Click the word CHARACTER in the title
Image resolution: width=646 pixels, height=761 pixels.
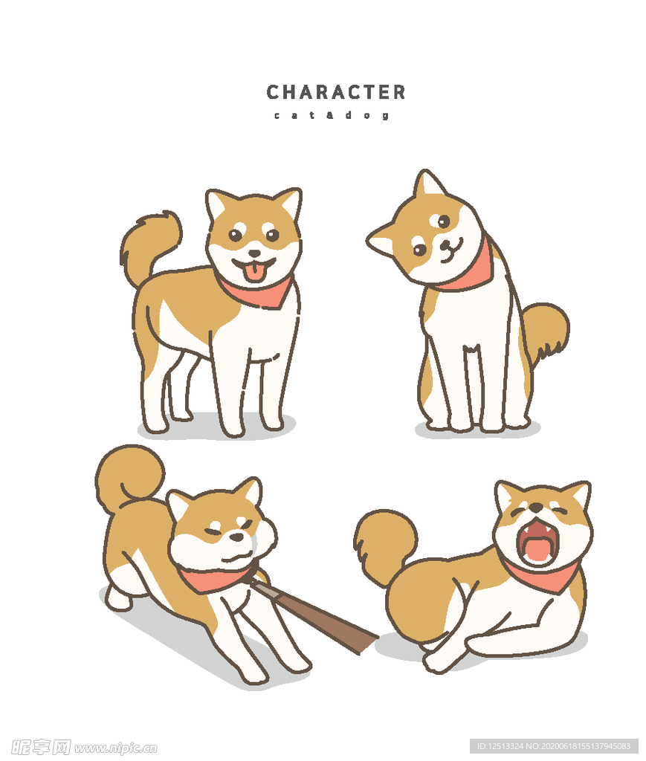coord(336,92)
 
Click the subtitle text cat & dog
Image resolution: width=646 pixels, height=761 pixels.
coord(331,115)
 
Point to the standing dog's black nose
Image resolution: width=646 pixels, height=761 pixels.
coord(253,253)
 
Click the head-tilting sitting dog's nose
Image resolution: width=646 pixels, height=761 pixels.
coord(444,245)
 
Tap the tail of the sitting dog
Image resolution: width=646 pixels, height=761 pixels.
coord(546,327)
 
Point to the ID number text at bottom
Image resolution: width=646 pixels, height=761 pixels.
coord(553,745)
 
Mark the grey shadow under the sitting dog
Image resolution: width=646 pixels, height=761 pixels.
coord(476,431)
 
